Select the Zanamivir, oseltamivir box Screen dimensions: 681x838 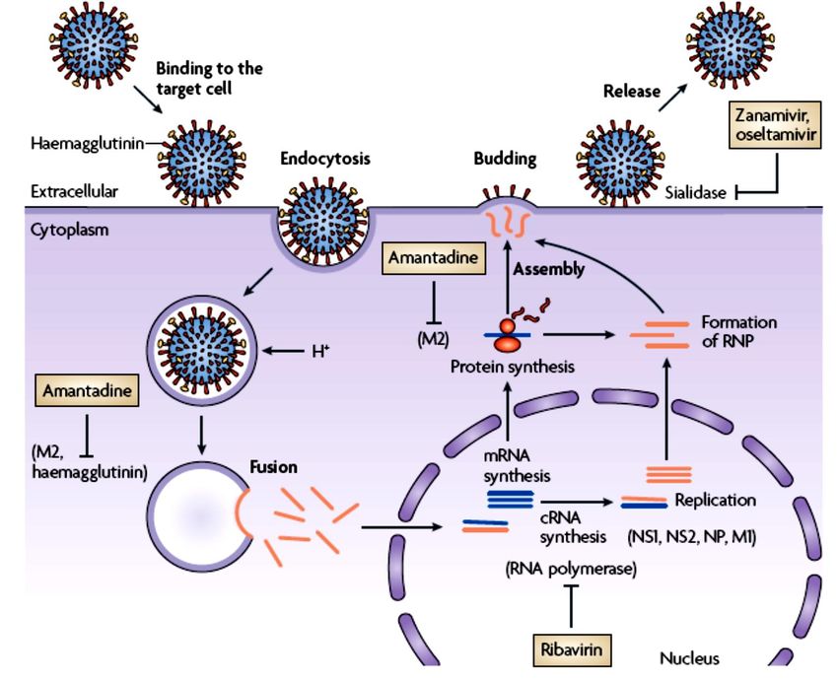(x=775, y=124)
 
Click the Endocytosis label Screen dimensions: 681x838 (x=320, y=157)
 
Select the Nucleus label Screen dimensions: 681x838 (x=689, y=657)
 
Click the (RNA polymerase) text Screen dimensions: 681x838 (x=570, y=569)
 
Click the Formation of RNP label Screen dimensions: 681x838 (x=738, y=331)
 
